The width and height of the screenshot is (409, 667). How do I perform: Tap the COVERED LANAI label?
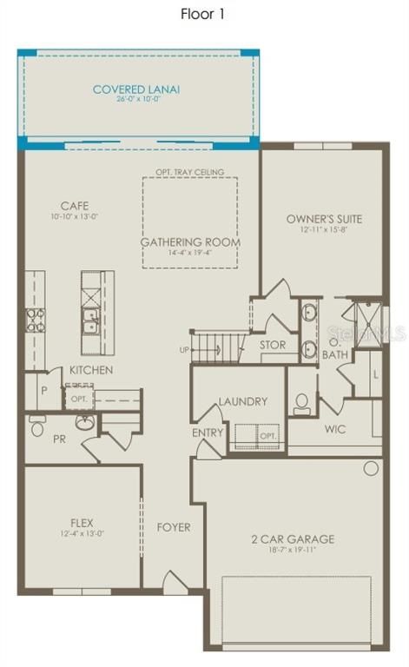[130, 89]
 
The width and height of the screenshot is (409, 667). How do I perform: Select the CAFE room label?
[75, 206]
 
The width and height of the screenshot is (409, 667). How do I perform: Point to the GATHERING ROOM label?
[190, 241]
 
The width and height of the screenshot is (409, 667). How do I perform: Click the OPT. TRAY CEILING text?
[189, 172]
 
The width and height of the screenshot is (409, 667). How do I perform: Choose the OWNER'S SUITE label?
[324, 219]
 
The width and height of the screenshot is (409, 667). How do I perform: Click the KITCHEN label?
[92, 370]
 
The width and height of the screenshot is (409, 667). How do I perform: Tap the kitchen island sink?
[90, 327]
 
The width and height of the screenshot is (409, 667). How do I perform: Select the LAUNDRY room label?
[242, 401]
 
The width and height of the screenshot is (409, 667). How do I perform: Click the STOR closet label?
[273, 345]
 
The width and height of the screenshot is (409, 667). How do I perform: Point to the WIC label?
[336, 430]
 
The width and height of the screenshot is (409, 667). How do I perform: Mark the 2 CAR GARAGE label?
[293, 539]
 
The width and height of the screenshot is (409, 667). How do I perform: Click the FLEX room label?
[82, 523]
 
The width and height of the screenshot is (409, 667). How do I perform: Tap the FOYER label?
[174, 527]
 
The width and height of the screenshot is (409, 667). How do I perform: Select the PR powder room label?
[59, 439]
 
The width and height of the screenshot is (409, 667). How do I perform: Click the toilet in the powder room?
[37, 426]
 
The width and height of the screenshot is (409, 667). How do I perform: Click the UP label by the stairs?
[182, 349]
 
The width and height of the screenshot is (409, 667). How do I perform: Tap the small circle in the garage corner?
[371, 468]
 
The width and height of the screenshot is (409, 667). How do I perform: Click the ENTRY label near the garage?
[208, 432]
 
